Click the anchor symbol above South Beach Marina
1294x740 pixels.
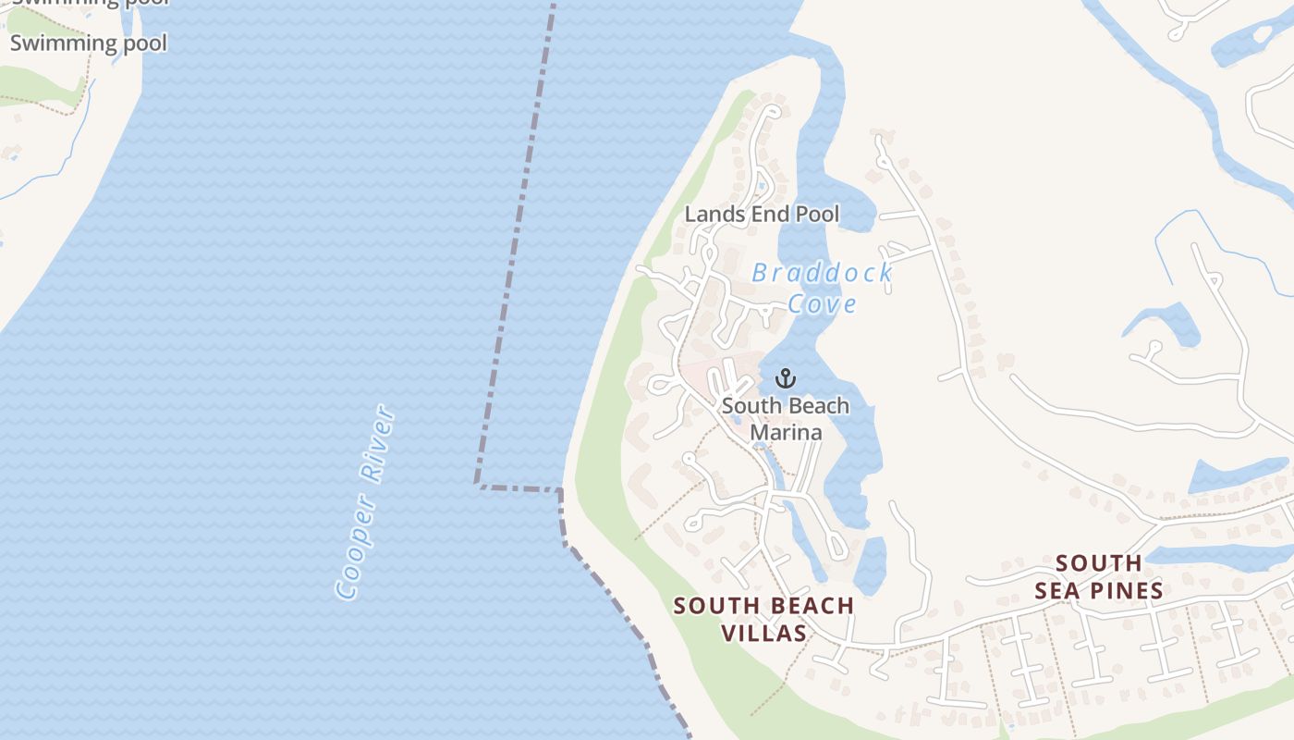click(x=785, y=378)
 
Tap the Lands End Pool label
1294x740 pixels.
click(x=762, y=215)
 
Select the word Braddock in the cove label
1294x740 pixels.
click(x=822, y=273)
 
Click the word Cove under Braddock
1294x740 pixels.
click(x=822, y=303)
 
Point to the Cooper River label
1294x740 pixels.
click(x=367, y=502)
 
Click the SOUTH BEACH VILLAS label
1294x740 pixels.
click(x=763, y=619)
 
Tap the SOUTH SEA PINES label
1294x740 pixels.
click(x=1099, y=576)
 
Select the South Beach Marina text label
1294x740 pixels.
click(x=785, y=419)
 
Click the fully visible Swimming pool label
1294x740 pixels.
click(x=89, y=43)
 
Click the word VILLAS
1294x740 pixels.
click(x=763, y=634)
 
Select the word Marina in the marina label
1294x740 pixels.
click(x=785, y=432)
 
